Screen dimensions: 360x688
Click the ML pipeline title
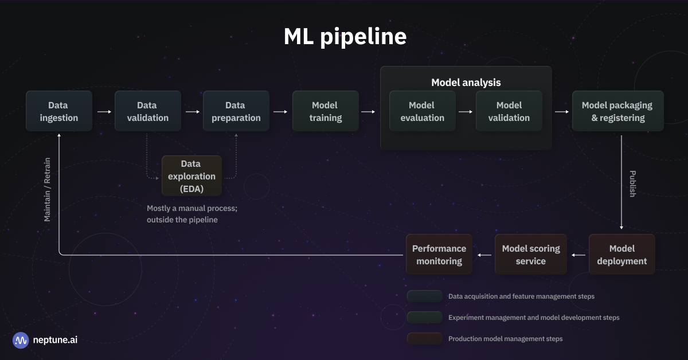(345, 37)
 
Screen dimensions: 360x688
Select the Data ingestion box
(58, 111)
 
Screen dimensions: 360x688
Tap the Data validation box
(147, 111)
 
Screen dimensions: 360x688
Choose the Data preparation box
(236, 111)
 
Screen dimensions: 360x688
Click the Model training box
(325, 111)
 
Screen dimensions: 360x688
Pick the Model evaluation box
(422, 111)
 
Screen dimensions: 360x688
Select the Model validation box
(509, 111)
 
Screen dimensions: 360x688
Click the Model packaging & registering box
(617, 111)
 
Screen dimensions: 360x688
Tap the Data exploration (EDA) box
(191, 176)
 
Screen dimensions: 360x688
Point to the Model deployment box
(621, 255)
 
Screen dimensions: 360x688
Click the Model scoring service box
(530, 255)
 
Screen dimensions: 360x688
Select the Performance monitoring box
(439, 255)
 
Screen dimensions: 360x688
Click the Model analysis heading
(466, 83)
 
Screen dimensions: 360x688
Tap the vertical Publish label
(632, 183)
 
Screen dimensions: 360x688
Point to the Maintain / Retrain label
(48, 189)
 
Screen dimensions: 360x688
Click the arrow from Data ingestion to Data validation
(104, 112)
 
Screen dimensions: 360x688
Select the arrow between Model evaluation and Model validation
(466, 112)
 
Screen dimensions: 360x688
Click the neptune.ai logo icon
(21, 340)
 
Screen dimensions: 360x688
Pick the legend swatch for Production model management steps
(424, 339)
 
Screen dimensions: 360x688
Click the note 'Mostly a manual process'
(191, 209)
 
